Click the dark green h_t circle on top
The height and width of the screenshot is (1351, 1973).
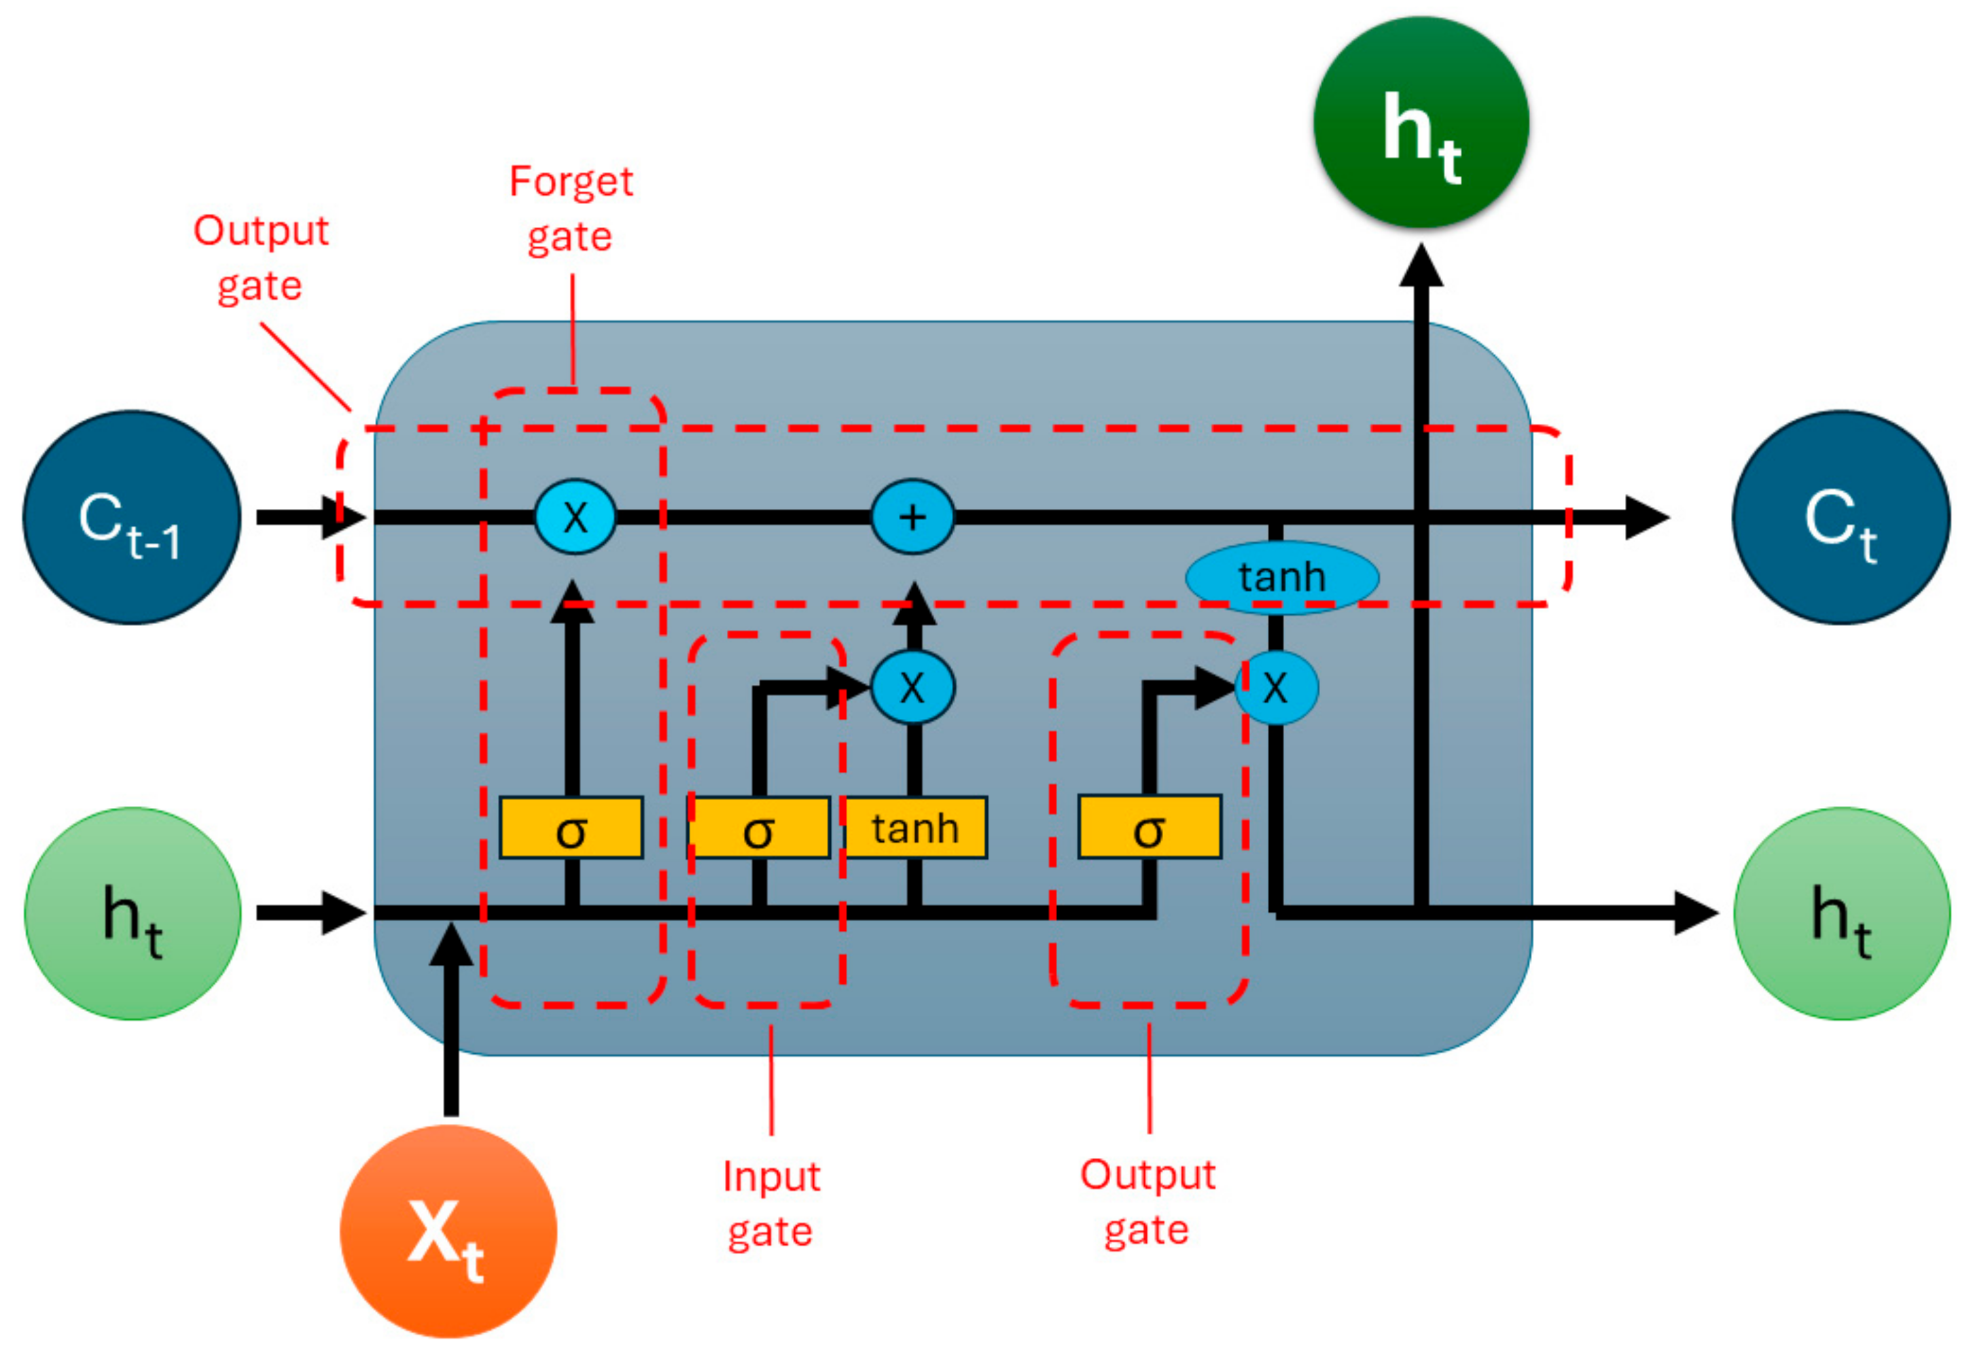tap(1421, 124)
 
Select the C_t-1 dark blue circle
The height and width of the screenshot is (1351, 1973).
tap(132, 517)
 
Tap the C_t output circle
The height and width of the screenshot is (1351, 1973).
tap(1841, 517)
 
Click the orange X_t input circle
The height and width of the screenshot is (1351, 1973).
tap(448, 1231)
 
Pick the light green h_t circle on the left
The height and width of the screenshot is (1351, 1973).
tap(132, 913)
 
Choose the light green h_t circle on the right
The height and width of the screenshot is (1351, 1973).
tap(1841, 913)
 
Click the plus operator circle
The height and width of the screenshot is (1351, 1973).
tap(912, 517)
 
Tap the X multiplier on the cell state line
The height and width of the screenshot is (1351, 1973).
tap(575, 517)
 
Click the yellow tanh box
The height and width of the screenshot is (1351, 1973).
tap(915, 828)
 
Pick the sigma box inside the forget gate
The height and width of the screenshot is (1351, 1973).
tap(571, 828)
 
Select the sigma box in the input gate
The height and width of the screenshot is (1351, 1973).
tap(758, 828)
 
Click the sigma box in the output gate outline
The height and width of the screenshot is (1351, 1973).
tap(1149, 828)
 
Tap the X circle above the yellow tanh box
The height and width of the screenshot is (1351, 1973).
tap(912, 687)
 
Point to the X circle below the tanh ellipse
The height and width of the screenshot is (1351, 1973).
tap(1276, 687)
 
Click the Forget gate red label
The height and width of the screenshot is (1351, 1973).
tap(571, 209)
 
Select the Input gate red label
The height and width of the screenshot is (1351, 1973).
tap(771, 1204)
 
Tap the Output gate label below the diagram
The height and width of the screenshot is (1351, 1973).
tap(1147, 1202)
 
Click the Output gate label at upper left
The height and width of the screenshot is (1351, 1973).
tap(261, 258)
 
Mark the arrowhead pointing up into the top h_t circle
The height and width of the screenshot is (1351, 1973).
tap(1421, 268)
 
